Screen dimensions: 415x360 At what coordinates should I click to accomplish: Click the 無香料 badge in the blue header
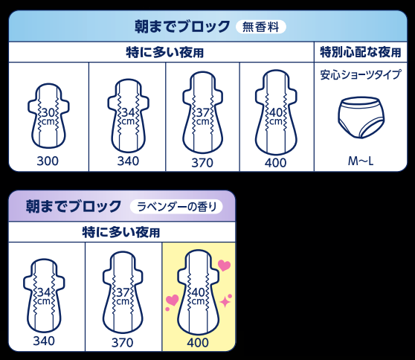pyautogui.click(x=261, y=27)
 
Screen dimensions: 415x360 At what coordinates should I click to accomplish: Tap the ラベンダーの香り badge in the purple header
pyautogui.click(x=176, y=207)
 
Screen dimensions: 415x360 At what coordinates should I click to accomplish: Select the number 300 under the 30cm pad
pyautogui.click(x=48, y=161)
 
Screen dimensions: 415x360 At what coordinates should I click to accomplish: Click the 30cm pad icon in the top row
pyautogui.click(x=48, y=116)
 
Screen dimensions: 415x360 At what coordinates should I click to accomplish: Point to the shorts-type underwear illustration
pyautogui.click(x=361, y=118)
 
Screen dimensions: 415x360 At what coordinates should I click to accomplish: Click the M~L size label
pyautogui.click(x=361, y=161)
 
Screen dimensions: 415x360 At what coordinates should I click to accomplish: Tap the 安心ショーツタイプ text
pyautogui.click(x=361, y=74)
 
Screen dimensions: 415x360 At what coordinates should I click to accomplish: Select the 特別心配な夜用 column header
pyautogui.click(x=361, y=52)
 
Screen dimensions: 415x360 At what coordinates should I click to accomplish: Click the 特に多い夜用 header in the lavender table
pyautogui.click(x=121, y=232)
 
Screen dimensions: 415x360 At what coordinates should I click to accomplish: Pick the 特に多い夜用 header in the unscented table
pyautogui.click(x=164, y=52)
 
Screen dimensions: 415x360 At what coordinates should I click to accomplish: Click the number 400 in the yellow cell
pyautogui.click(x=198, y=343)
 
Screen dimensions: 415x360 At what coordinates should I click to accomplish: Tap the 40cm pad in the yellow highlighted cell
pyautogui.click(x=199, y=293)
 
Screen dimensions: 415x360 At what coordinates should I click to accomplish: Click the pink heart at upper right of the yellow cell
pyautogui.click(x=224, y=266)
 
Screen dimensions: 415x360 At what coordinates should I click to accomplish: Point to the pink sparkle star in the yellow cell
pyautogui.click(x=226, y=301)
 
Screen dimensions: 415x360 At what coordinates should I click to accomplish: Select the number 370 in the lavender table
pyautogui.click(x=122, y=343)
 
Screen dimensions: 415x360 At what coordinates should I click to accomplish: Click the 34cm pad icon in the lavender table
pyautogui.click(x=44, y=295)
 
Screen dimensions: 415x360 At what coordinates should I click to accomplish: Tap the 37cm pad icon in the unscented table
pyautogui.click(x=203, y=112)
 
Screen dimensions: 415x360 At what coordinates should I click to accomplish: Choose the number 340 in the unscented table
pyautogui.click(x=128, y=161)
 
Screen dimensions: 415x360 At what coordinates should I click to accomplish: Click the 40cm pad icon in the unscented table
pyautogui.click(x=276, y=112)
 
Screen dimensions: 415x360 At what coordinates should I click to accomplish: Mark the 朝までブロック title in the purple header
pyautogui.click(x=74, y=207)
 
